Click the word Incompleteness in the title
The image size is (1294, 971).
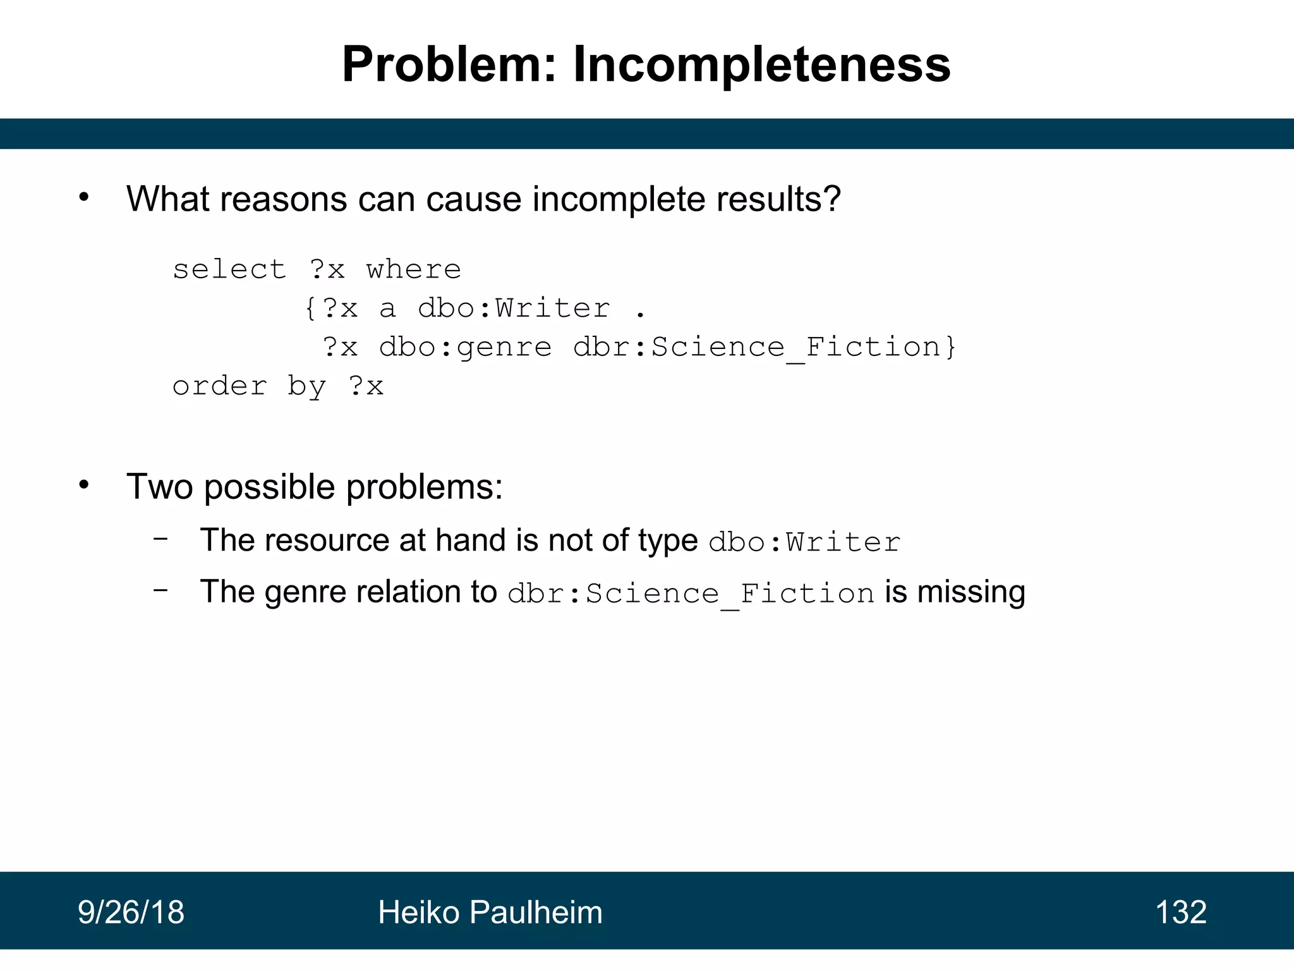point(761,64)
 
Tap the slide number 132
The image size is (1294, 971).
point(1180,912)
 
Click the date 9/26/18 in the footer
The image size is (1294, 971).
point(131,912)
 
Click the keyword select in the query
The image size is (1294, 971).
point(229,270)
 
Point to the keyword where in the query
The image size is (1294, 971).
point(414,270)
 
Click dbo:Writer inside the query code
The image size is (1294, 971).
point(514,309)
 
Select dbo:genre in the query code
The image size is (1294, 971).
point(465,348)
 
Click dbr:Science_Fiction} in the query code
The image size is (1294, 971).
point(765,348)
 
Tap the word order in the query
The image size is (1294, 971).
point(220,386)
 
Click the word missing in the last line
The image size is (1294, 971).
point(970,592)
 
